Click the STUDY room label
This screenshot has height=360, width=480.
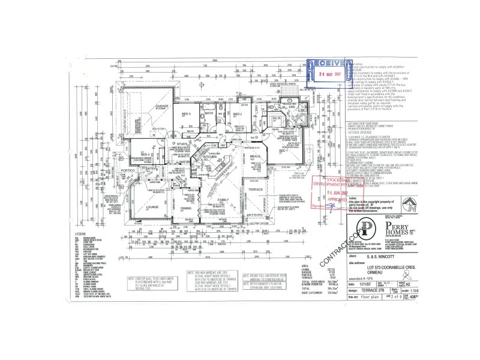coord(182,143)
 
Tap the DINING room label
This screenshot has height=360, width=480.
coord(187,208)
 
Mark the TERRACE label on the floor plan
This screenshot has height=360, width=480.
coord(256,188)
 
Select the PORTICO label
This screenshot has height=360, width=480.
coord(127,170)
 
